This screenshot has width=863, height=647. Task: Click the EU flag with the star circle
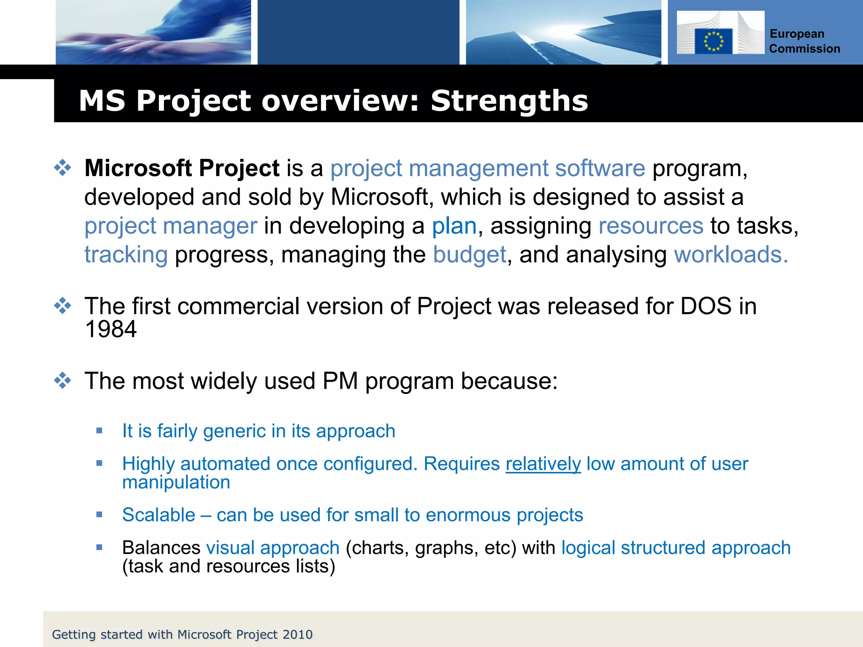coord(713,41)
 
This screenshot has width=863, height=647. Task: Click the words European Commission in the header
coord(804,41)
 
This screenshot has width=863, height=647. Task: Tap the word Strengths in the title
coord(509,101)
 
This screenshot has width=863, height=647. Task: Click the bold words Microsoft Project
coord(182,168)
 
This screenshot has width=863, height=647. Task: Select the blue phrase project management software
coord(488,168)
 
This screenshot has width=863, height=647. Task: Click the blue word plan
coord(454,226)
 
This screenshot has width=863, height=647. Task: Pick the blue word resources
coord(651,226)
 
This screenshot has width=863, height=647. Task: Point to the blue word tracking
coord(126,254)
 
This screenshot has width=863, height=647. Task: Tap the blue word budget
coord(469,254)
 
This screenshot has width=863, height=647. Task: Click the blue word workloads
coord(730,254)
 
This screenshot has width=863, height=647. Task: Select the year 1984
coord(111,329)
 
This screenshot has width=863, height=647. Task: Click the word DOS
coord(706,306)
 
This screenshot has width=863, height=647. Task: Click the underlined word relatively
coord(543,464)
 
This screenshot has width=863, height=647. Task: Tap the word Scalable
coord(159,515)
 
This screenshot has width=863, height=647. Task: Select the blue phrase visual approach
coord(273,548)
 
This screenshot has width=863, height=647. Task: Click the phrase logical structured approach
coord(675,548)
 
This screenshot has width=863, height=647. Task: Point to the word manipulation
coord(176,482)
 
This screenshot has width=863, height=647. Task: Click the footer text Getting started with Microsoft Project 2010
coord(182,634)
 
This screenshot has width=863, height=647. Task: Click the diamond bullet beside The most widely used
coord(63,380)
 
